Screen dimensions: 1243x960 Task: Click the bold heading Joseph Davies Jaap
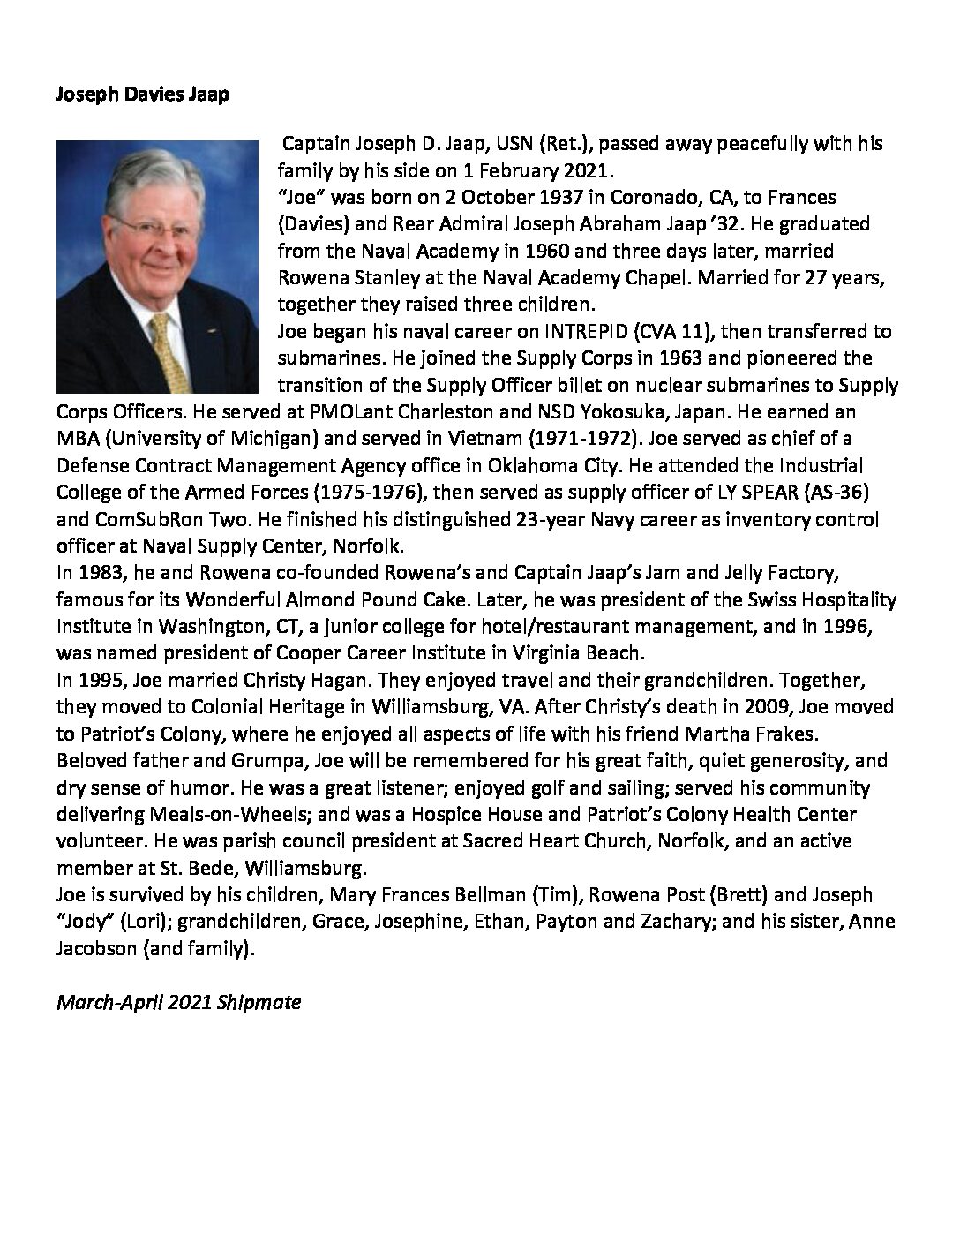click(142, 94)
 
